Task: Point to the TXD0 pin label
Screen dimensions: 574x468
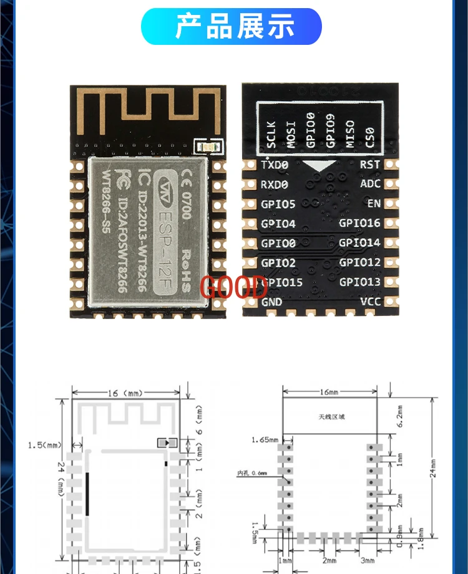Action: click(275, 165)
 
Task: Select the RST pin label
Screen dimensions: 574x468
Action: click(370, 165)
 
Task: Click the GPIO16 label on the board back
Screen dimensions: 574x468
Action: click(359, 223)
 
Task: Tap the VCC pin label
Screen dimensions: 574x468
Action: click(370, 302)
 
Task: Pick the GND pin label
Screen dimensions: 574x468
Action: click(271, 302)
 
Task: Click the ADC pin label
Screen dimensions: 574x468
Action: click(370, 184)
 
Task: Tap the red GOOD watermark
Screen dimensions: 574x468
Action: click(233, 288)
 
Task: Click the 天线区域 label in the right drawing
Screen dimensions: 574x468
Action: click(330, 416)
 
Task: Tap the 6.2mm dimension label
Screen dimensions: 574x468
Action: click(400, 416)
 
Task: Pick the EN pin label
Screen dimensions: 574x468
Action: click(373, 204)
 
